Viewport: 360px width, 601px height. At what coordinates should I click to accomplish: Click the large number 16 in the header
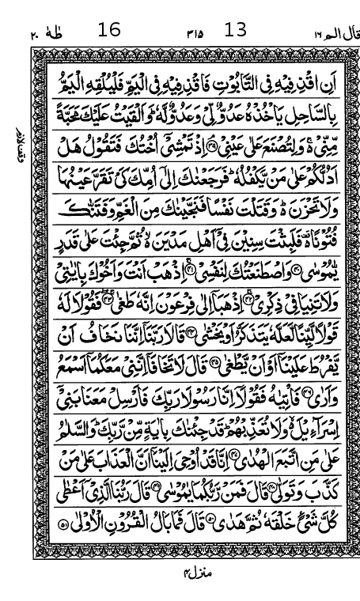point(109,31)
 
